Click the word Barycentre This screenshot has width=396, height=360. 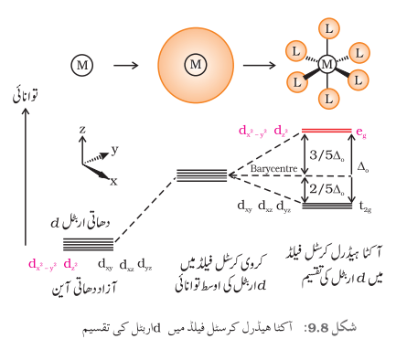(x=273, y=169)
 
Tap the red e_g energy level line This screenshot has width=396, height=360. (x=326, y=131)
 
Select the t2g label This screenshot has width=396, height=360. (x=365, y=207)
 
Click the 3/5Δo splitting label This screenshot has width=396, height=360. (x=326, y=155)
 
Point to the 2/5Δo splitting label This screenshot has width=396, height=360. (x=326, y=190)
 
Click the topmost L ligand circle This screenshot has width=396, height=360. (x=328, y=29)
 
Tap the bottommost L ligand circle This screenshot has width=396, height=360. (x=328, y=99)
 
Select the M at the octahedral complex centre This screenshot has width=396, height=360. (x=327, y=64)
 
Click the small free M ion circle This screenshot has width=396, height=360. (x=82, y=65)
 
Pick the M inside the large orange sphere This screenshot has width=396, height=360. (x=196, y=65)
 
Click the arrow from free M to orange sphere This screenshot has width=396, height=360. (x=125, y=65)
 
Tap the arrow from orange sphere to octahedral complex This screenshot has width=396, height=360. (x=259, y=65)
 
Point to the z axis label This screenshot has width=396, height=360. (x=82, y=131)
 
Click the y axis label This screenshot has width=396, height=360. (x=114, y=150)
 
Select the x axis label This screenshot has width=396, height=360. (x=113, y=182)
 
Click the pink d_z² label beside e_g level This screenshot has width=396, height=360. (x=281, y=132)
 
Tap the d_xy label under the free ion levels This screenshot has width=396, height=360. (x=105, y=264)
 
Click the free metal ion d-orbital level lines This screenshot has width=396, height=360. (x=88, y=244)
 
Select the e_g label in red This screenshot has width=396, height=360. (x=361, y=132)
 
